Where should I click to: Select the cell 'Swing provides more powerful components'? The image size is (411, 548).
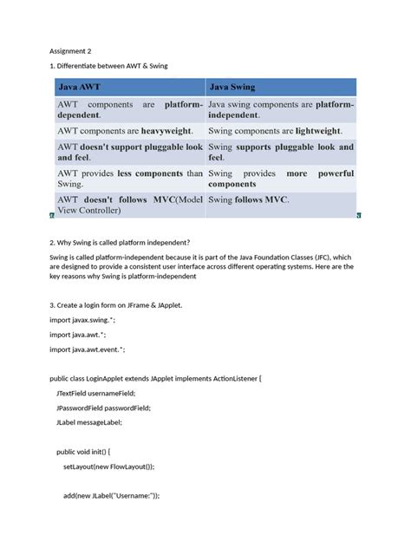coord(280,179)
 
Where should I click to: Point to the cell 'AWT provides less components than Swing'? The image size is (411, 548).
coord(130,179)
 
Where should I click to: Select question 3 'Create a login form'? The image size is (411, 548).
coord(117,305)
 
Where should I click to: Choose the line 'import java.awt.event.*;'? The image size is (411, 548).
coord(88,349)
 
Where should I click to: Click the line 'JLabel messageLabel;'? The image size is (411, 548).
coord(89,422)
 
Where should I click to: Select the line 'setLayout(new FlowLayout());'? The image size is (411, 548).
coord(108,466)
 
